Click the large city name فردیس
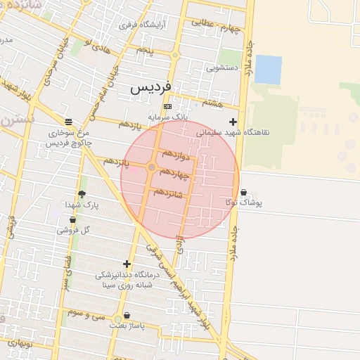pyautogui.click(x=150, y=89)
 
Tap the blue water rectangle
pyautogui.click(x=268, y=69)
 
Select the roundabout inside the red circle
pyautogui.click(x=151, y=167)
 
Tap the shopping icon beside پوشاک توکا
pyautogui.click(x=243, y=192)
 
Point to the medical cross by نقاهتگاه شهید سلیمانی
pyautogui.click(x=233, y=122)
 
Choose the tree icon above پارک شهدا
pyautogui.click(x=82, y=194)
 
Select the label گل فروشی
pyautogui.click(x=76, y=230)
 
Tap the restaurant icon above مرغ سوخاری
pyautogui.click(x=67, y=121)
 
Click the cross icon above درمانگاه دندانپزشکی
pyautogui.click(x=127, y=264)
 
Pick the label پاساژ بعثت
pyautogui.click(x=127, y=326)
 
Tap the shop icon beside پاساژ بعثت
pyautogui.click(x=127, y=316)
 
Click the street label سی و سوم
pyautogui.click(x=86, y=314)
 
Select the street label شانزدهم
pyautogui.click(x=168, y=192)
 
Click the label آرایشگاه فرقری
pyautogui.click(x=143, y=25)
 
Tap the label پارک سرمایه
pyautogui.click(x=169, y=117)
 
